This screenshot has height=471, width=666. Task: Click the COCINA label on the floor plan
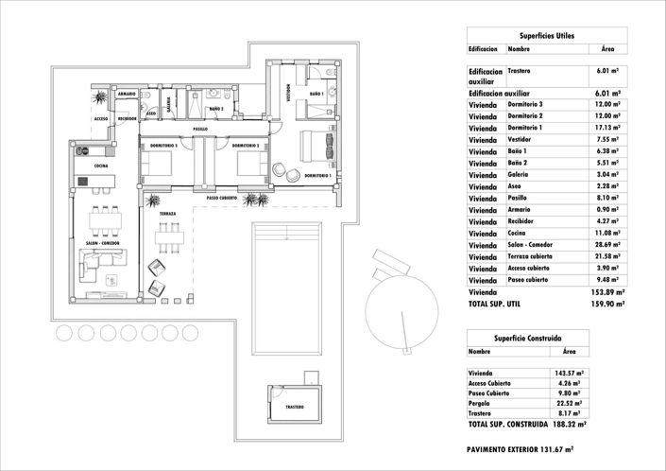tap(100, 166)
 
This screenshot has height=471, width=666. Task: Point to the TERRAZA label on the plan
tap(167, 214)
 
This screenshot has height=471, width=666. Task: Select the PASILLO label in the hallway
tap(200, 129)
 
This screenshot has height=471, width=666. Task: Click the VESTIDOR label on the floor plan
tap(288, 95)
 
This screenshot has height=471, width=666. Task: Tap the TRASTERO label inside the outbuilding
tap(296, 407)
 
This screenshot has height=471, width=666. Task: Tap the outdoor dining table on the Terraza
tap(169, 237)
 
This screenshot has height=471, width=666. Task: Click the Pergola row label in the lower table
tap(484, 403)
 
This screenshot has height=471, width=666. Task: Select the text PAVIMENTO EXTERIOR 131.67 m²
tap(521, 450)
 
